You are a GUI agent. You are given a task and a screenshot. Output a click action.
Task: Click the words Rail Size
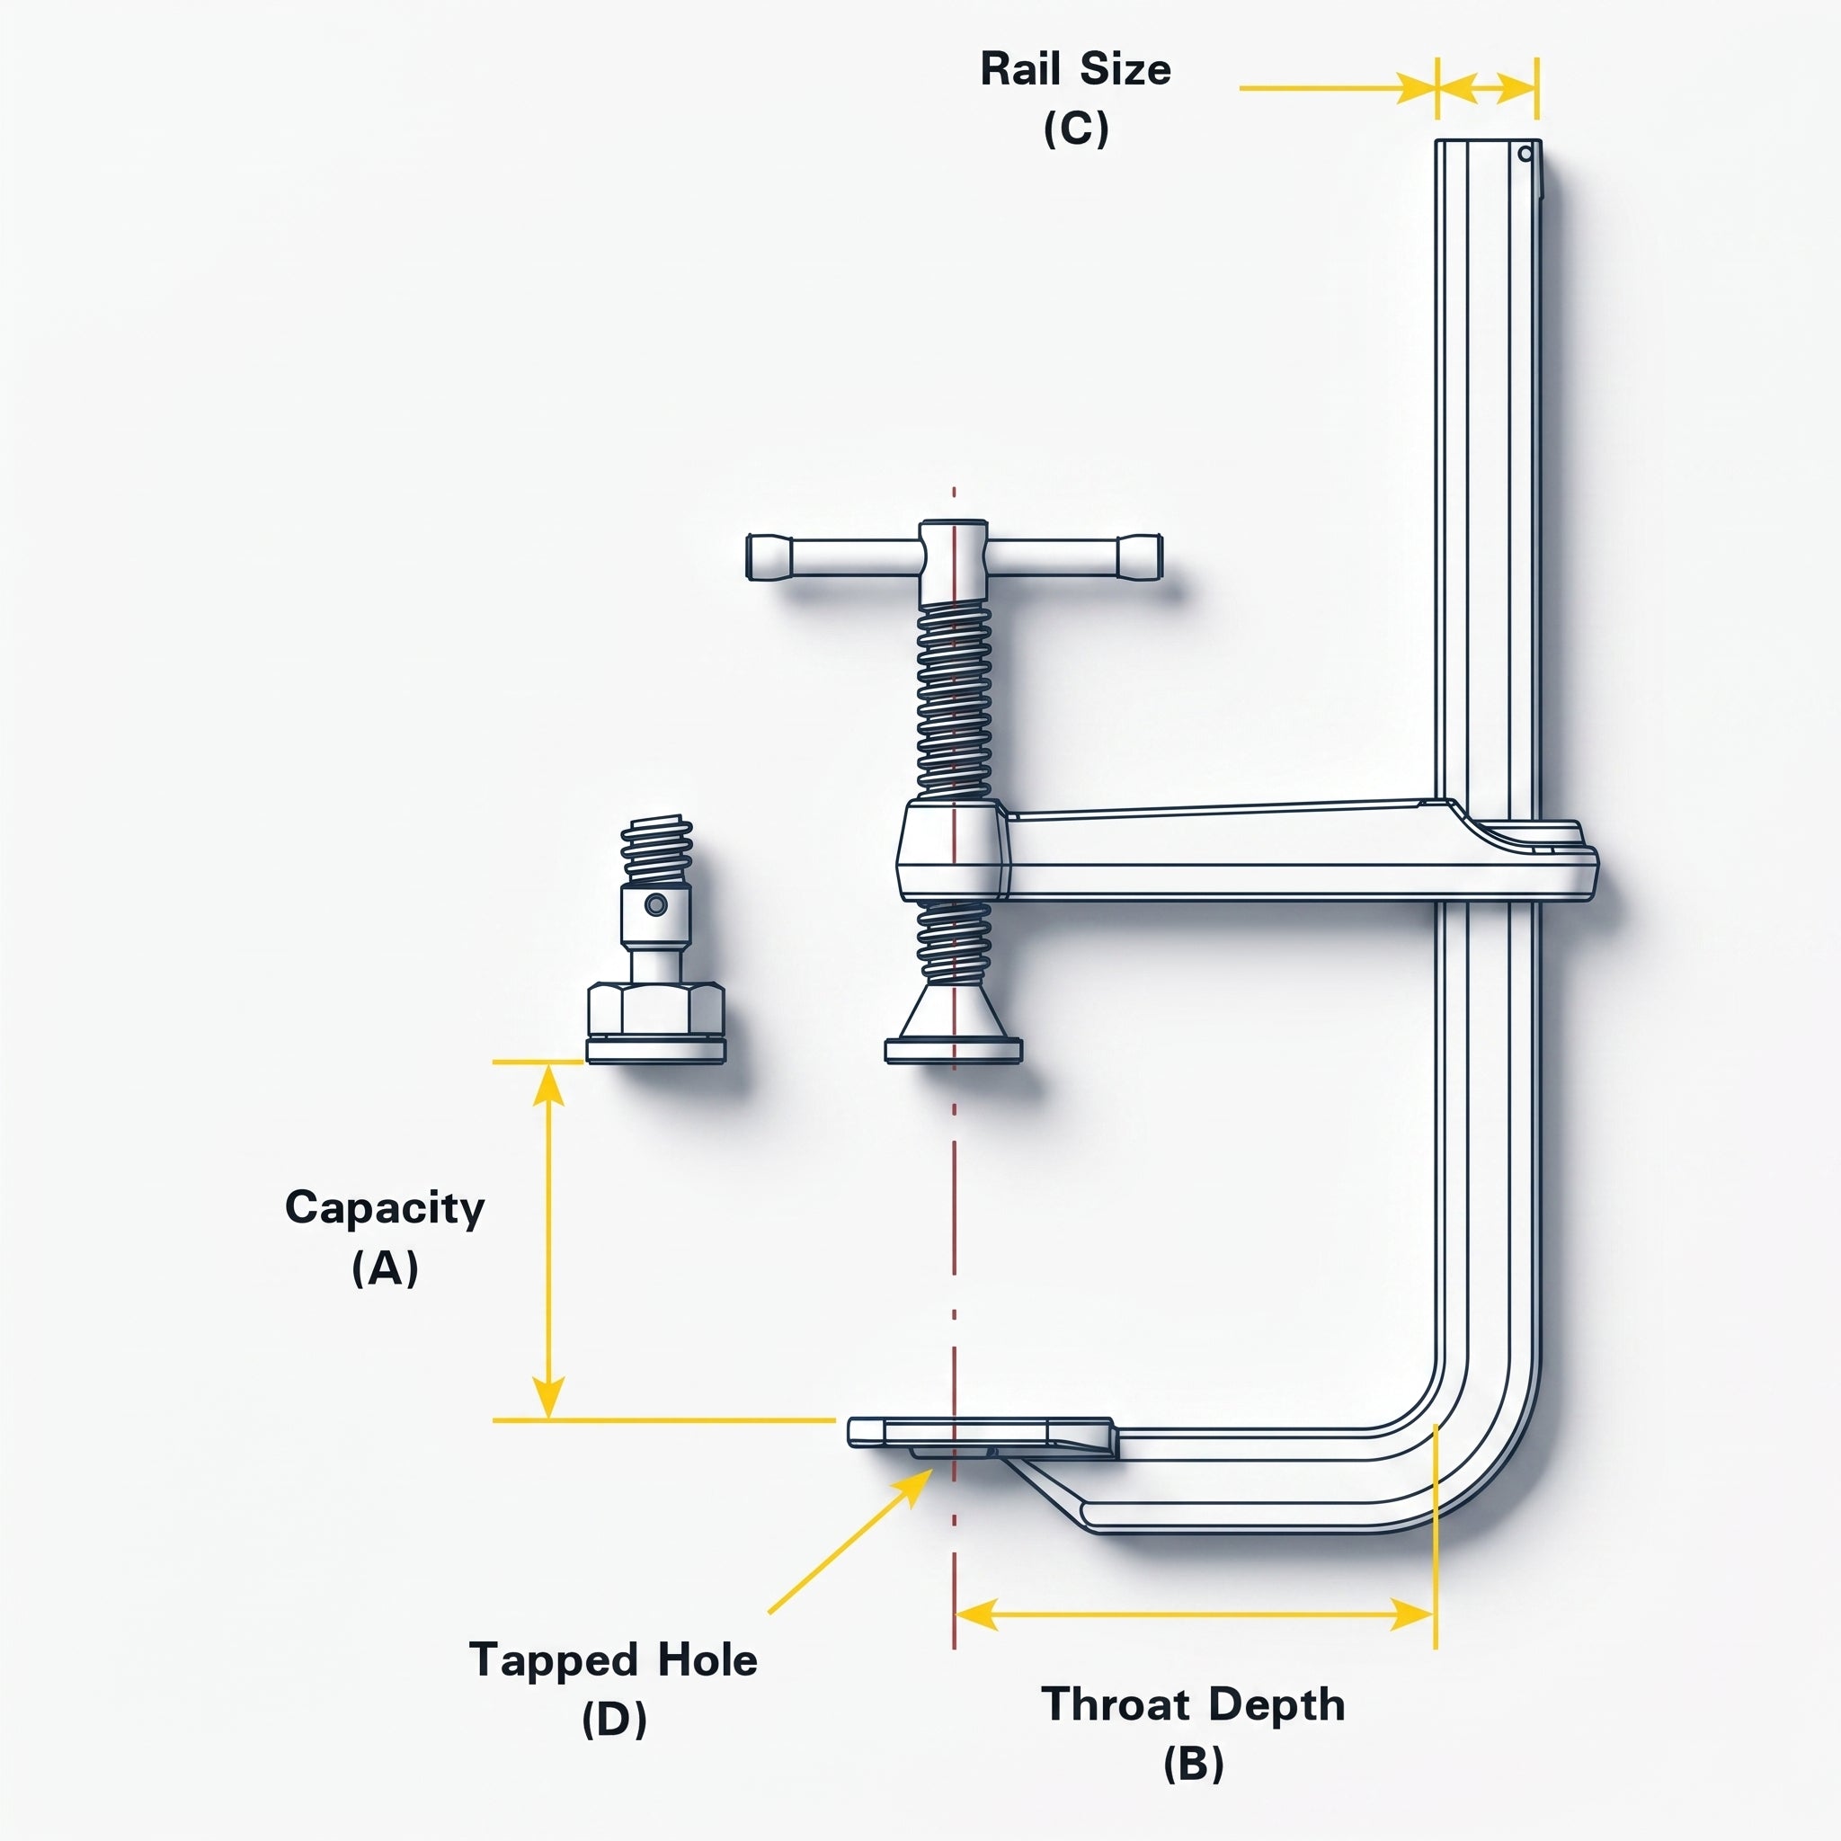tap(1076, 69)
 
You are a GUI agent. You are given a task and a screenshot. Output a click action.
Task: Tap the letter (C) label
tap(1076, 129)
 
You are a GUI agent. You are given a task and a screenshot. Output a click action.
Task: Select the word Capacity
tap(385, 1209)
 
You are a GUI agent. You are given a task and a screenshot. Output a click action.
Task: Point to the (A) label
tap(385, 1267)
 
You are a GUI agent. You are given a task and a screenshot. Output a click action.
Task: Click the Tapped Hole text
tap(614, 1660)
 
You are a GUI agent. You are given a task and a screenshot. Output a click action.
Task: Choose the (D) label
tap(614, 1719)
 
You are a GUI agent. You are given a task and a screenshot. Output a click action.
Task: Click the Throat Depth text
tap(1193, 1703)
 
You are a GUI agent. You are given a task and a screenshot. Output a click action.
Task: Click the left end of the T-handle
tap(748, 556)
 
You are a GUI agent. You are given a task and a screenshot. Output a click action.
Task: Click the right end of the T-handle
tap(1159, 556)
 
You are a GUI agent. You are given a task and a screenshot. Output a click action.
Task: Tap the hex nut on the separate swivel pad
tap(655, 1009)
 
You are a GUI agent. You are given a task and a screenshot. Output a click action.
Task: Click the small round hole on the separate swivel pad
tap(654, 904)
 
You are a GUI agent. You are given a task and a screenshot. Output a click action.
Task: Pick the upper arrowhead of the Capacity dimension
tap(548, 1085)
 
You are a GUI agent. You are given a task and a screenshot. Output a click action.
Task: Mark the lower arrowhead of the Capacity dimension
tap(548, 1397)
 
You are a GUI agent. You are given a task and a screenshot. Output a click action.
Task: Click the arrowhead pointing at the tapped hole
tap(914, 1490)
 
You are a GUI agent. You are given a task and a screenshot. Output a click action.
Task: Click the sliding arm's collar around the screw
tap(953, 850)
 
